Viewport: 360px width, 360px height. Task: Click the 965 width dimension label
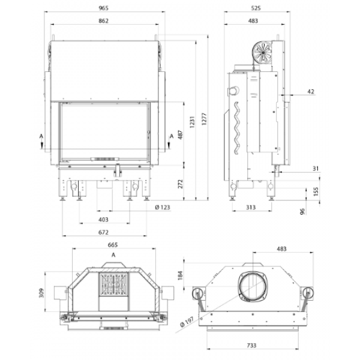pyautogui.click(x=103, y=8)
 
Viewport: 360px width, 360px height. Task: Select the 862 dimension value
pyautogui.click(x=103, y=21)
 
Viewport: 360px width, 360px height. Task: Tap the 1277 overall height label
pyautogui.click(x=205, y=119)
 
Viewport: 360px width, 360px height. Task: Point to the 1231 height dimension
pyautogui.click(x=193, y=122)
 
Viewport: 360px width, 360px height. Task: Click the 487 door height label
pyautogui.click(x=181, y=135)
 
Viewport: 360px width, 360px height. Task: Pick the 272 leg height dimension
pyautogui.click(x=181, y=184)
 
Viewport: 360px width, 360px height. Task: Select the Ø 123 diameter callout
pyautogui.click(x=163, y=208)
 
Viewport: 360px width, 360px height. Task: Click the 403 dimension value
pyautogui.click(x=103, y=220)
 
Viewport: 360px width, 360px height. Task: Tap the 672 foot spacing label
pyautogui.click(x=103, y=232)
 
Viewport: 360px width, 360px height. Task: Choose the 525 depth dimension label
pyautogui.click(x=256, y=8)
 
